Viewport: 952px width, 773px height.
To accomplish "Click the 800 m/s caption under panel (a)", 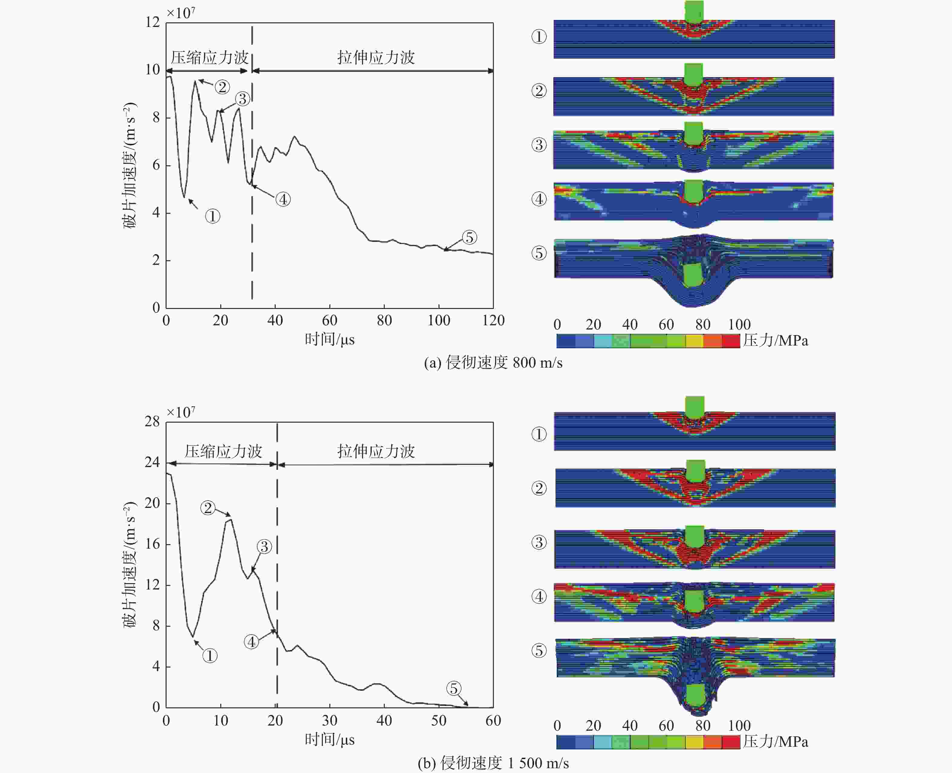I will pyautogui.click(x=493, y=363).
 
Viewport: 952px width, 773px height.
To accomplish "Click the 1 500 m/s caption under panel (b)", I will pyautogui.click(x=493, y=763).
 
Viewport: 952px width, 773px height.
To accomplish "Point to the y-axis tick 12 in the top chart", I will pyautogui.click(x=153, y=22).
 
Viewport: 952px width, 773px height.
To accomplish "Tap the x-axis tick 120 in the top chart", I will pyautogui.click(x=493, y=321).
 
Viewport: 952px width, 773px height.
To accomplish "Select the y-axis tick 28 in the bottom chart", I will pyautogui.click(x=152, y=422).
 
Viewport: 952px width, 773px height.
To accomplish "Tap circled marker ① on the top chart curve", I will pyautogui.click(x=213, y=216).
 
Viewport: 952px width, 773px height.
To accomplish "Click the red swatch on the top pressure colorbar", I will pyautogui.click(x=730, y=341).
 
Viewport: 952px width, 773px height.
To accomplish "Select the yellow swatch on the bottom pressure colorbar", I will pyautogui.click(x=694, y=742).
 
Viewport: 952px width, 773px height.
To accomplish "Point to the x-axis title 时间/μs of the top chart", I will pyautogui.click(x=329, y=340).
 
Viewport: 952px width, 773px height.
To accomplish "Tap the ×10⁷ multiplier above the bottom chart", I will pyautogui.click(x=181, y=412).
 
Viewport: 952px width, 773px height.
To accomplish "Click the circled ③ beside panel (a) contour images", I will pyautogui.click(x=539, y=145).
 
